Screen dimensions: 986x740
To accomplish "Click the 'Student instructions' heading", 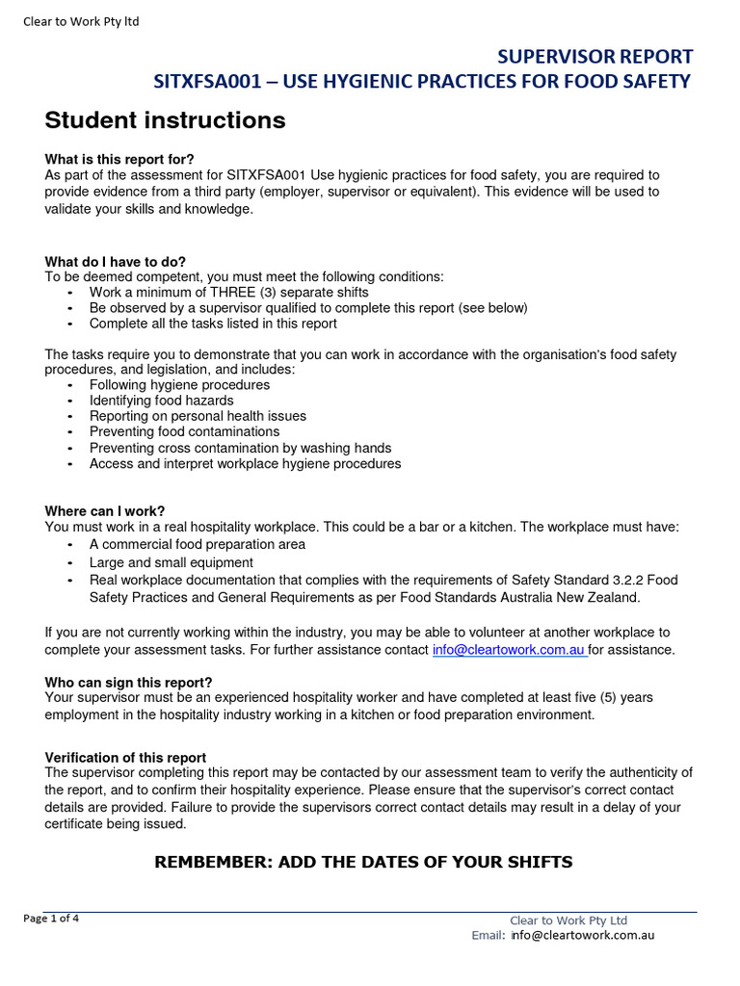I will point(165,120).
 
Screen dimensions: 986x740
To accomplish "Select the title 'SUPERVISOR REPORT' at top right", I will point(595,57).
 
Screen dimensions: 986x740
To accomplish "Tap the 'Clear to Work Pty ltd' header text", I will point(81,21).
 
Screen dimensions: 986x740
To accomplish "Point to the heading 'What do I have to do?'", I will point(116,261).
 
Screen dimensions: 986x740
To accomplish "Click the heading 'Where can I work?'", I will point(105,510).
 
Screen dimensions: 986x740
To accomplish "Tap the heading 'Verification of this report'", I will point(125,757).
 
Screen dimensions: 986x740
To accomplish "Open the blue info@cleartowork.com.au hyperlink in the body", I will point(509,649).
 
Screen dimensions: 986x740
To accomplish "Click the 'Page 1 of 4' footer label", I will point(51,918).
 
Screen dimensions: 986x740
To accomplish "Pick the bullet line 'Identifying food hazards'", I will point(161,401).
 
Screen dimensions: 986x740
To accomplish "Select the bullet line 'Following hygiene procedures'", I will point(179,384).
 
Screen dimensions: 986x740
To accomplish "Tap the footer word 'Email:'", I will point(488,934).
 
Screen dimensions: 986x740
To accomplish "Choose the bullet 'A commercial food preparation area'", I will point(197,544).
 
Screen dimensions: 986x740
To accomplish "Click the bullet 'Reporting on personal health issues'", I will point(198,416).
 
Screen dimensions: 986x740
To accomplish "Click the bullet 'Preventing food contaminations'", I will point(184,431).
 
